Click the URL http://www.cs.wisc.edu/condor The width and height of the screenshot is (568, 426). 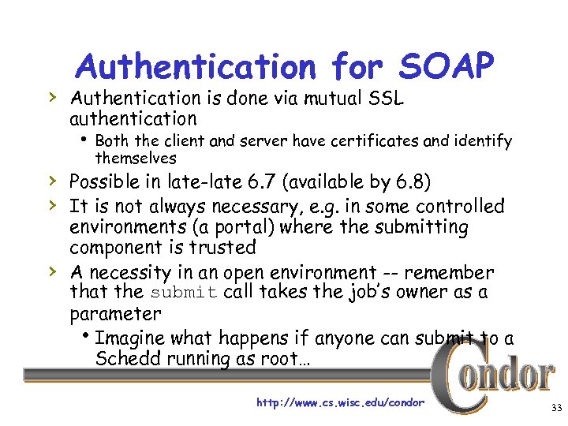coord(340,402)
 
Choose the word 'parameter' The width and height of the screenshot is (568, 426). coord(114,313)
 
